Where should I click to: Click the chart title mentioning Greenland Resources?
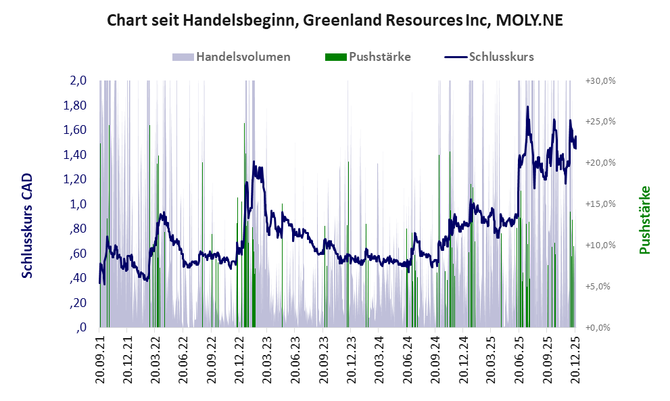(335, 20)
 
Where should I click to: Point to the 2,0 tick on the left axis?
(78, 80)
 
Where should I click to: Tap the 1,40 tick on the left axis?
(76, 155)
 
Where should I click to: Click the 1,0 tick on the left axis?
(78, 204)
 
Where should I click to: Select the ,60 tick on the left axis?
(78, 254)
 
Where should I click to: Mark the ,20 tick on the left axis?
(78, 303)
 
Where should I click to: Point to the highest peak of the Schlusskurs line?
(527, 107)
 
